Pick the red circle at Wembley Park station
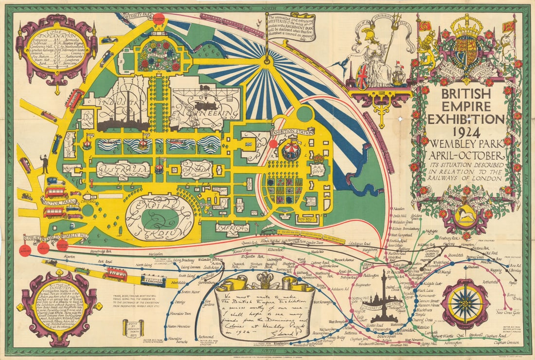159,18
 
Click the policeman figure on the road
45,164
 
